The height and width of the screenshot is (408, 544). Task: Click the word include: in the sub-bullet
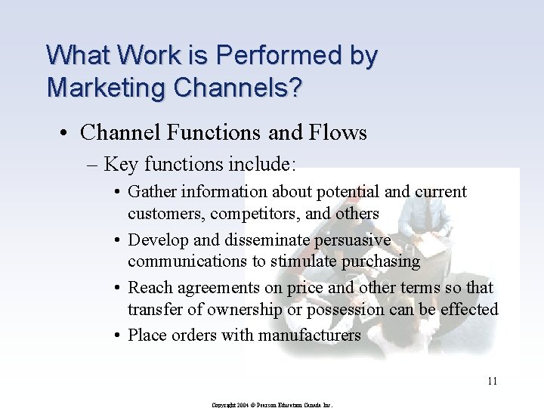click(x=262, y=164)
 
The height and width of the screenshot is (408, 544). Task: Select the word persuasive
click(x=354, y=240)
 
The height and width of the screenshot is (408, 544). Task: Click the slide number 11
click(x=492, y=381)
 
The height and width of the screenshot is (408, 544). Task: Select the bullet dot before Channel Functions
click(x=68, y=134)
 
